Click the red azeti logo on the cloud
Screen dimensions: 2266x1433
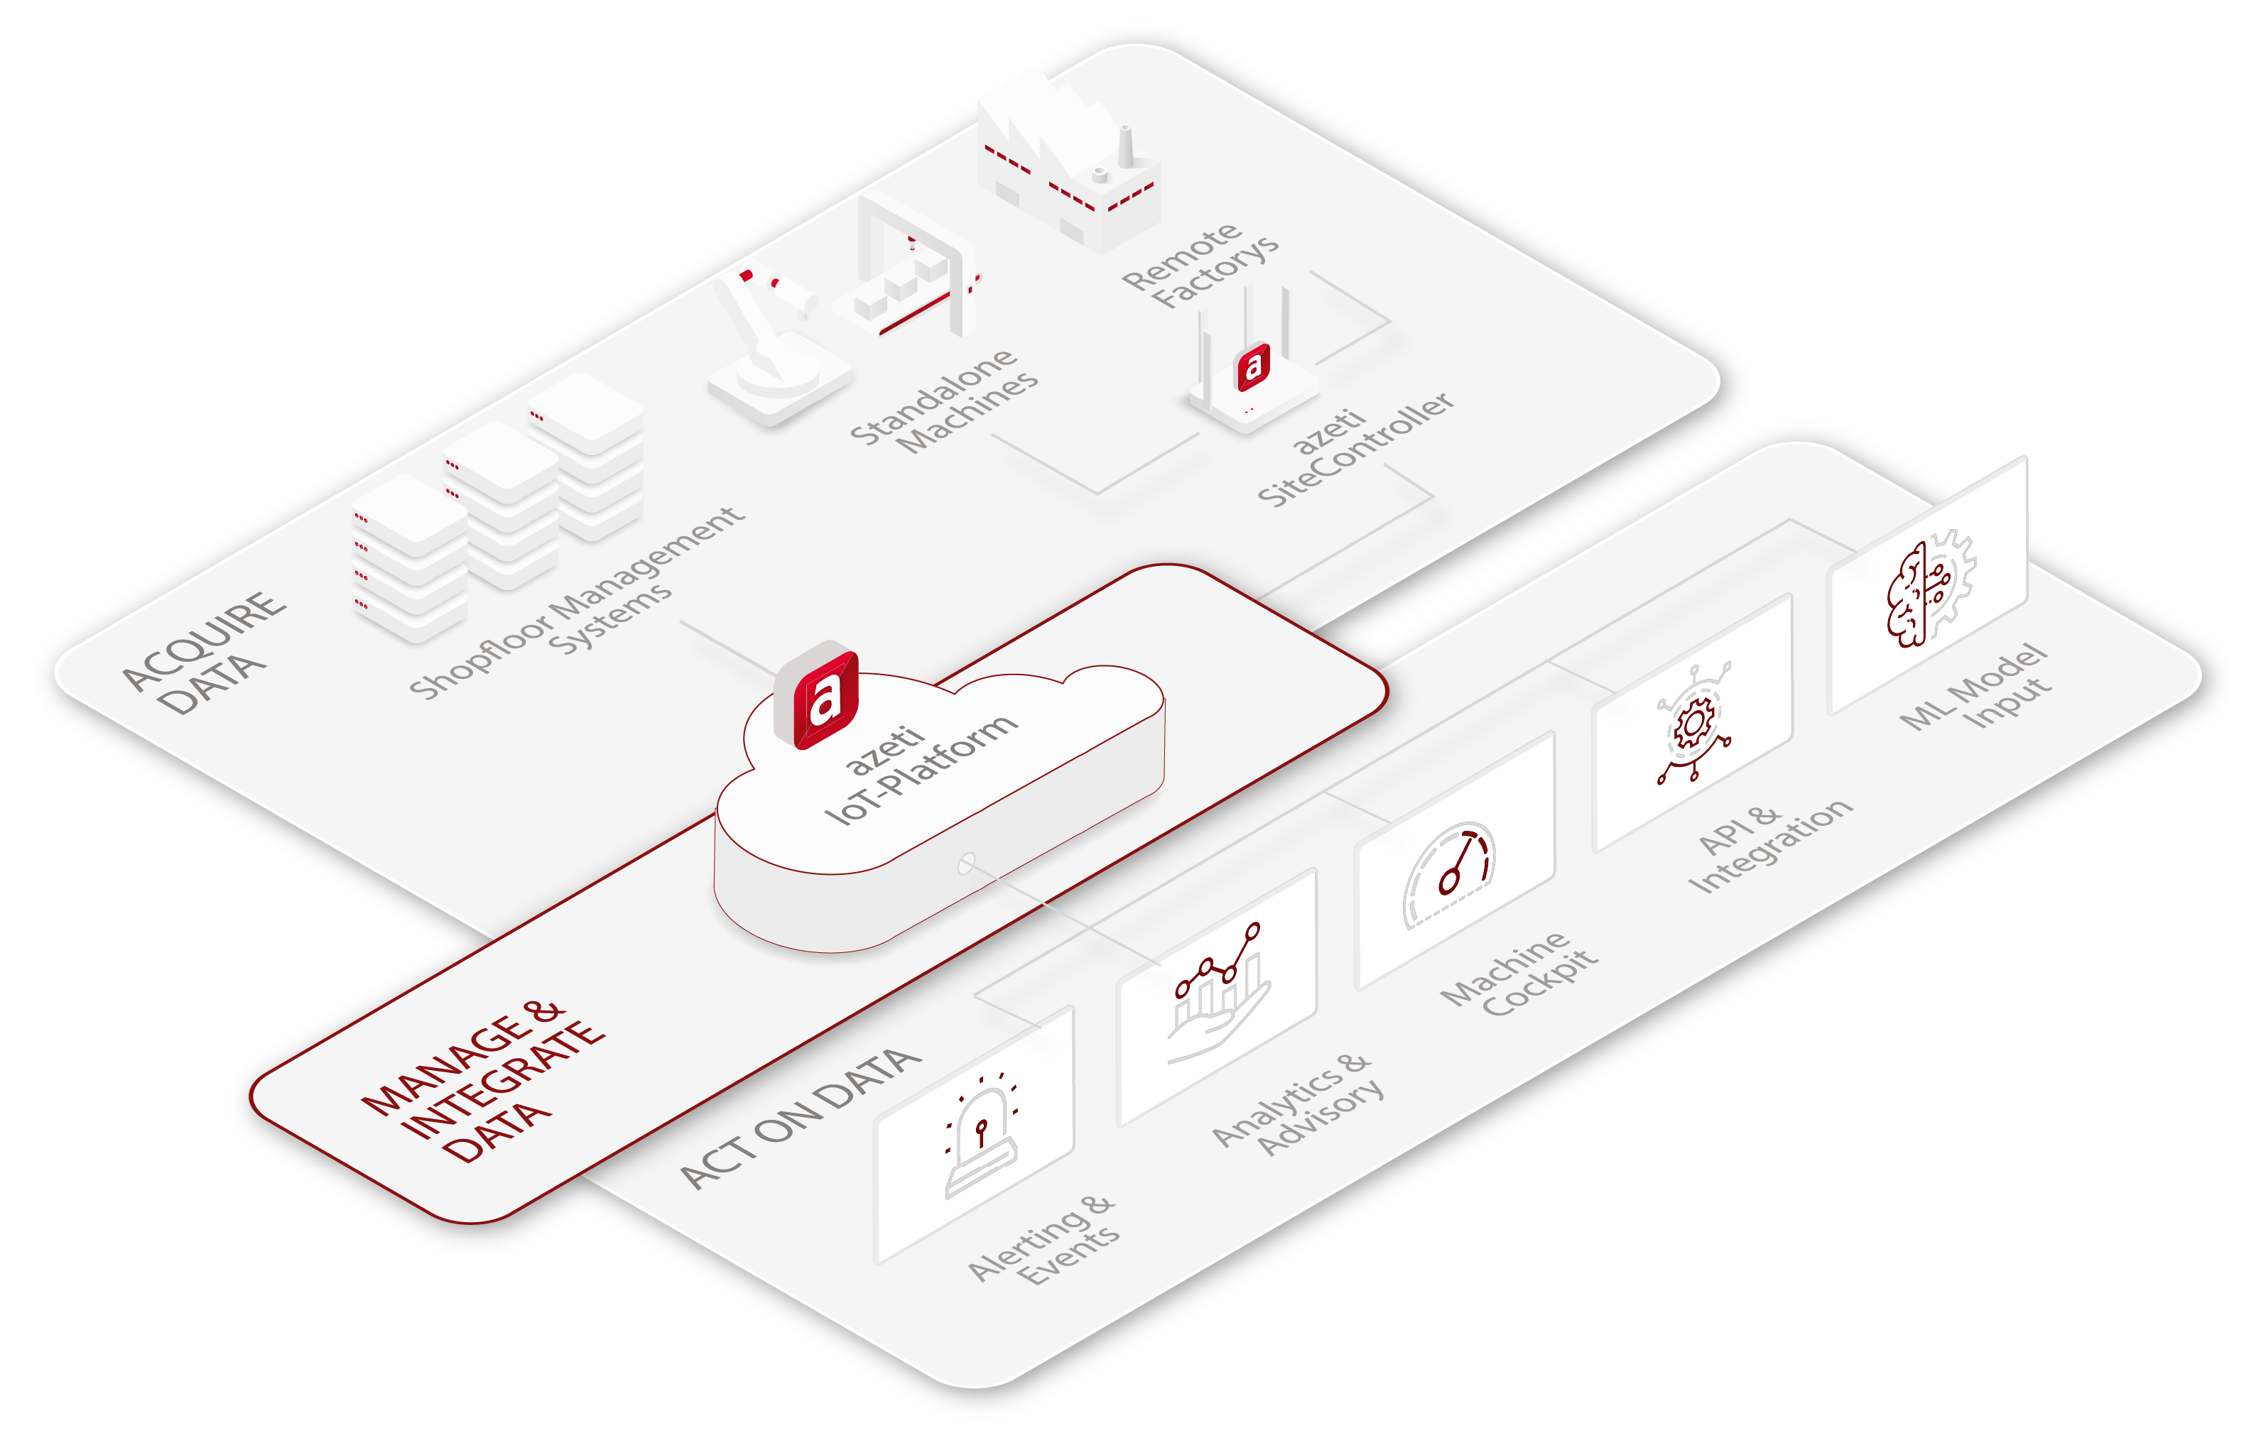[x=816, y=695]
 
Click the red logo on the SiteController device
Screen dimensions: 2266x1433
[x=1252, y=366]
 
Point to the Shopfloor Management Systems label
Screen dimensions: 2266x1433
[x=578, y=603]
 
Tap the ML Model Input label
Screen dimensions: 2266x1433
[x=1975, y=687]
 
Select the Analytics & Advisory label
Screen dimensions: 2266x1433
[x=1298, y=1105]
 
